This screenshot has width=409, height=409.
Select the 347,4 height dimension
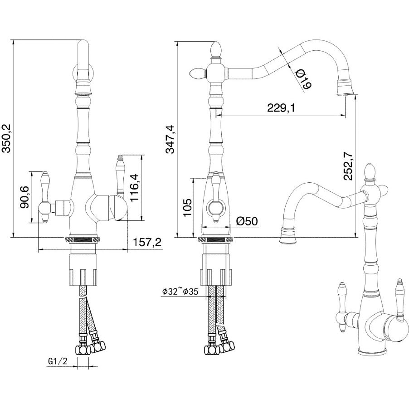[170, 139]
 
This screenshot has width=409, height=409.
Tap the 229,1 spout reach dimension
[280, 107]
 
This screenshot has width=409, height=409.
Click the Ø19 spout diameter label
[304, 79]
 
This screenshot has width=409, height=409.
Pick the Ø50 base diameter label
[247, 221]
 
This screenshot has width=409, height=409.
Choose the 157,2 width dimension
[147, 243]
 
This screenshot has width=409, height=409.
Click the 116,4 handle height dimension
[135, 188]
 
